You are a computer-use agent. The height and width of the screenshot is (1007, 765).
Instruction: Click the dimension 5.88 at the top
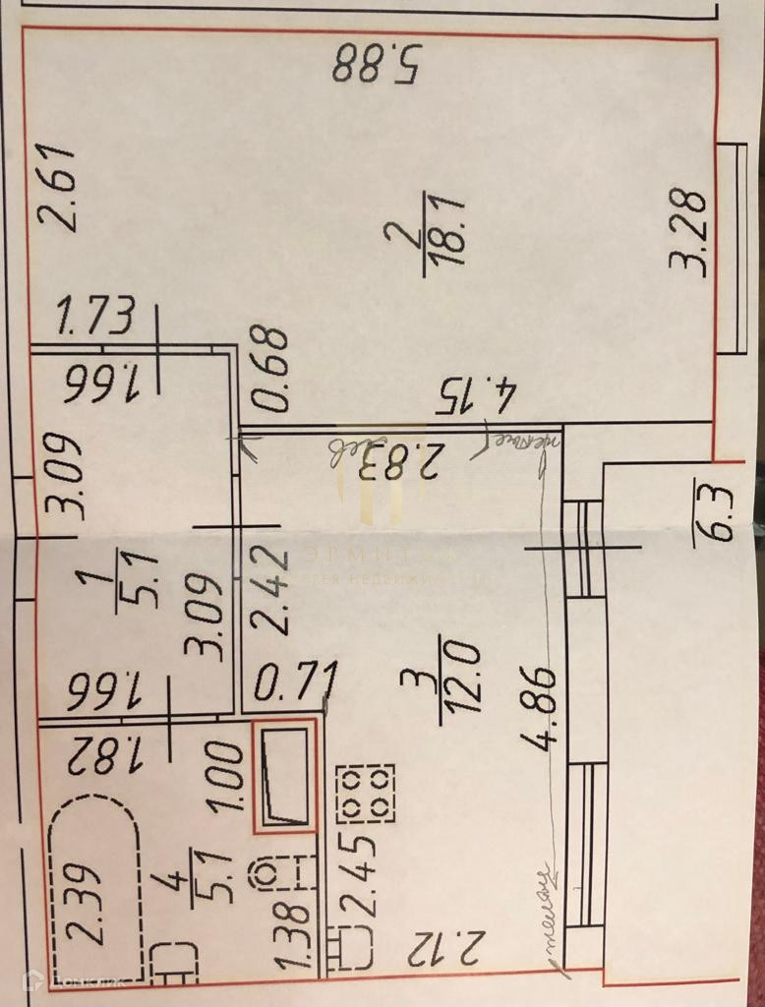click(377, 65)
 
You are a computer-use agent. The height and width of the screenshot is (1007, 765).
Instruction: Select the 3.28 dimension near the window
click(687, 233)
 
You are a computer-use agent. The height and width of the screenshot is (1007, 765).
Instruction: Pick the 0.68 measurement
click(268, 369)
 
